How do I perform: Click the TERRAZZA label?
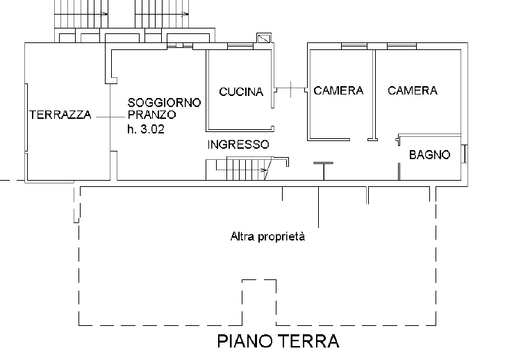coord(60,115)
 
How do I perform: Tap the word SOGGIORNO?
coord(164,102)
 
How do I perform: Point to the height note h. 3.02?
coord(146,129)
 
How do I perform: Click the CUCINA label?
coord(240,92)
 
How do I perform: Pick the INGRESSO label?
coord(238,145)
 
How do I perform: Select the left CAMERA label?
coord(338,90)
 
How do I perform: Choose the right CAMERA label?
coord(413,90)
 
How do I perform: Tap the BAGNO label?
coord(429,155)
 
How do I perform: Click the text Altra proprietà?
coord(268,236)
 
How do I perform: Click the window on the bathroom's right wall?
coord(465,154)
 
